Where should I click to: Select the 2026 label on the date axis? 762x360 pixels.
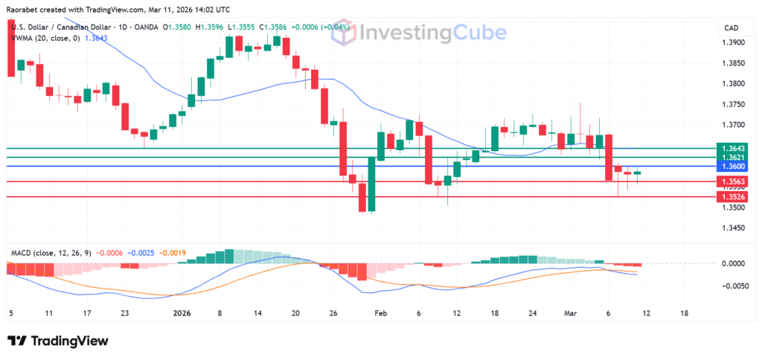[x=181, y=313]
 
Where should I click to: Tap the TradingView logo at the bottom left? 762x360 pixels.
[x=58, y=341]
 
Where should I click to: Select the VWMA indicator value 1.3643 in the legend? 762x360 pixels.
[x=96, y=39]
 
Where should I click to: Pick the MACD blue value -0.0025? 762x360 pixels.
[x=140, y=253]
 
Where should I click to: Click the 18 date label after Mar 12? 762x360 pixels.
[x=685, y=313]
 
